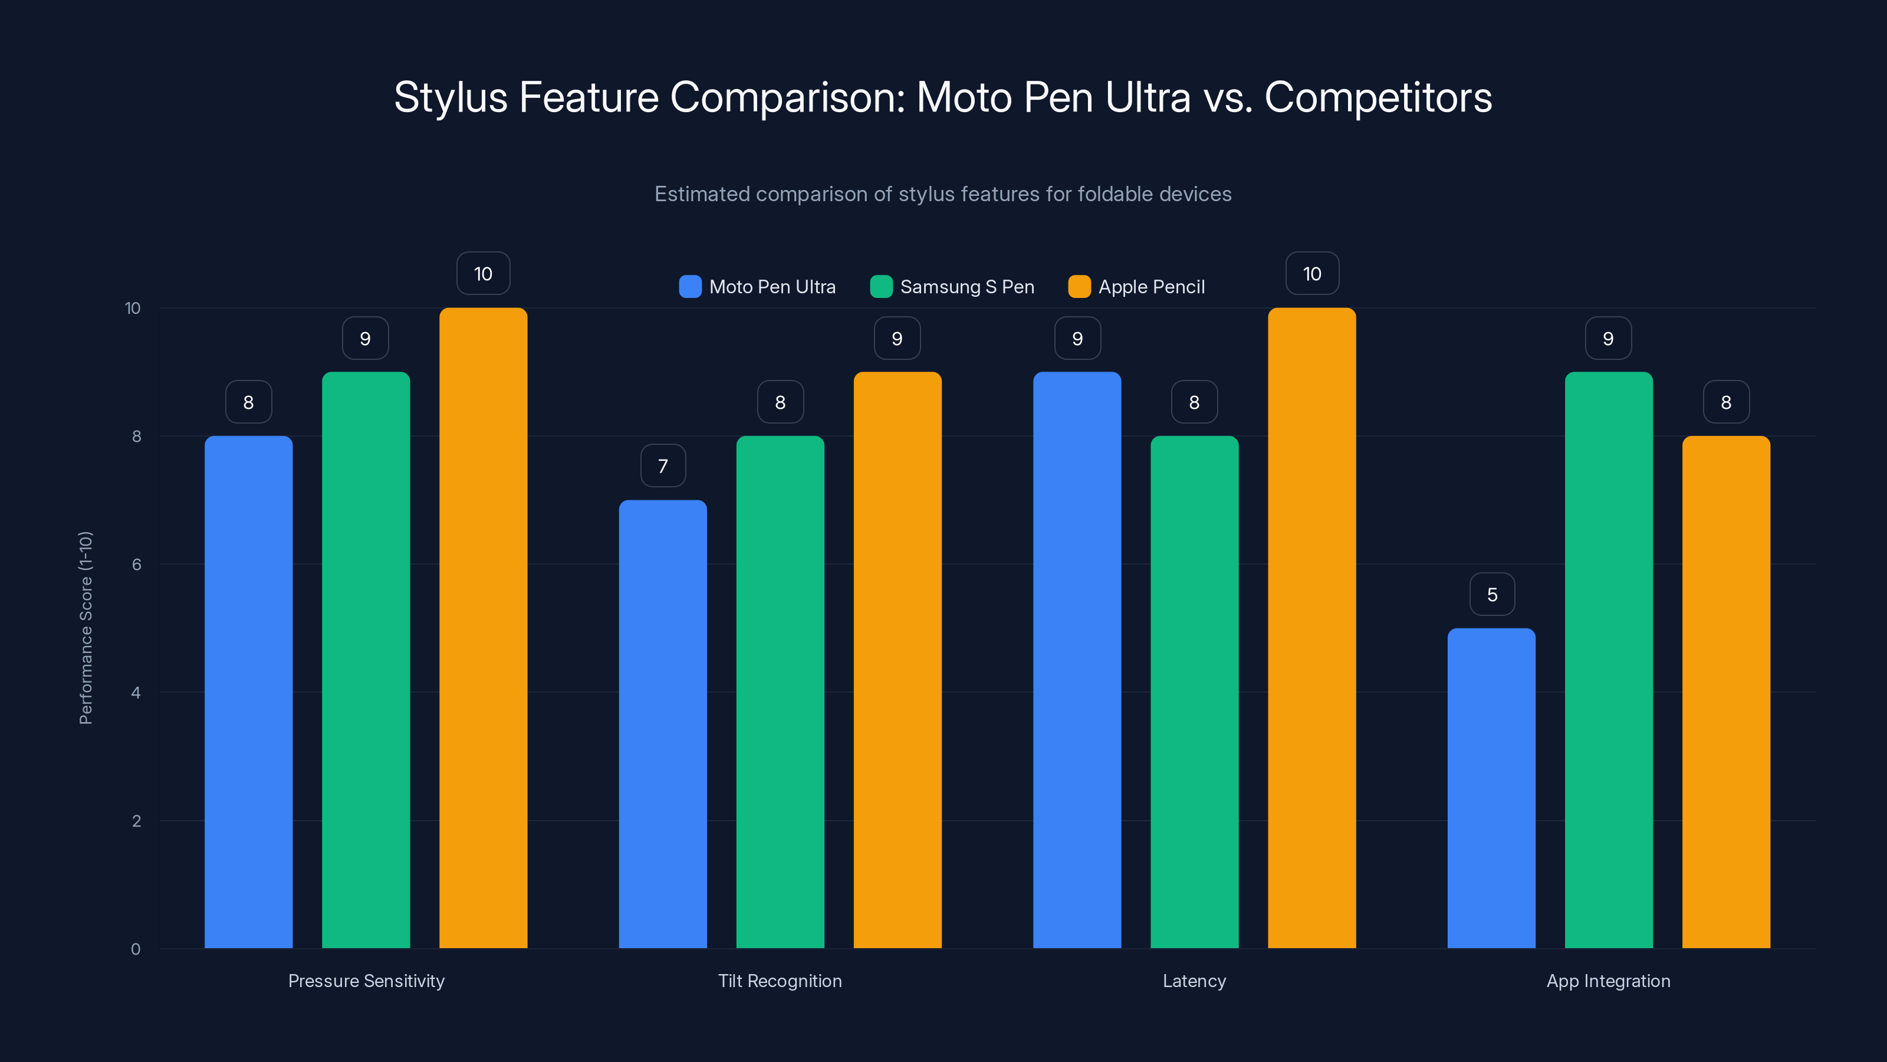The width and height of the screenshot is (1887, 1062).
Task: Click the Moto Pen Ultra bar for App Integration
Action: click(1491, 788)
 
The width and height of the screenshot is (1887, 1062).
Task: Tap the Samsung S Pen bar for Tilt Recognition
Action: click(780, 692)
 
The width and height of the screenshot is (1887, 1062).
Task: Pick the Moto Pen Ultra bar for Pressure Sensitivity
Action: click(248, 692)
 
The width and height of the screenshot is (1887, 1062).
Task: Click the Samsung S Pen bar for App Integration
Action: click(1608, 660)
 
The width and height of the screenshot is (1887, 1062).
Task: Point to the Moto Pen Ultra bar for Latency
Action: click(1077, 660)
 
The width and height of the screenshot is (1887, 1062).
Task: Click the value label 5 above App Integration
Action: click(1491, 594)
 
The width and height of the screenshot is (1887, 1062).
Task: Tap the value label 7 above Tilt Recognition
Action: click(663, 466)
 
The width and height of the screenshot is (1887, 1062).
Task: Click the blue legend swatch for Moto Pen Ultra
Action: click(690, 287)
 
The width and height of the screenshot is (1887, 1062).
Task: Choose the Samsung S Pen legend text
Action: click(967, 287)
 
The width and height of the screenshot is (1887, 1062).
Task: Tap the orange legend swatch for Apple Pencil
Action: click(1079, 287)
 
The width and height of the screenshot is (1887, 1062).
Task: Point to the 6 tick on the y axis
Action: click(136, 565)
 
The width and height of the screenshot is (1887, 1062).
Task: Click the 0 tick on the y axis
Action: click(136, 949)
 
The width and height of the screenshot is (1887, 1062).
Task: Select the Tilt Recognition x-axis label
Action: click(780, 981)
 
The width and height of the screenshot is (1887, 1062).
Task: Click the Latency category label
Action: click(1194, 981)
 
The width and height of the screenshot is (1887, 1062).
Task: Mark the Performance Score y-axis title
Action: click(86, 628)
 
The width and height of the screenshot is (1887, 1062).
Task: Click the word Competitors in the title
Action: click(1378, 97)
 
